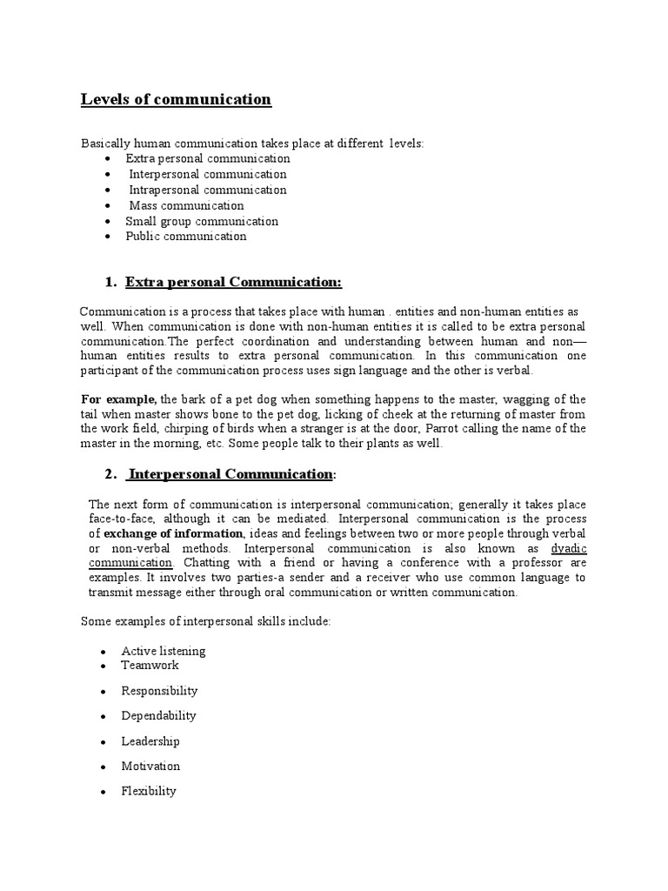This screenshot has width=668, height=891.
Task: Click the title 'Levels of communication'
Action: coord(176,99)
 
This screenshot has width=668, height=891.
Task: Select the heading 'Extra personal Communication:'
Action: coord(234,282)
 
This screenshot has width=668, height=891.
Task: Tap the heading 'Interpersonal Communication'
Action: coord(230,473)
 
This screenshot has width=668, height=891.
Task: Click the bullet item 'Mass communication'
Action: coord(187,205)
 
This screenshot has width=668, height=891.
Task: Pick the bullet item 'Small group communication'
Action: coord(202,221)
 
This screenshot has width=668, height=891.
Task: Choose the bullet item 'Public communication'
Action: coord(186,236)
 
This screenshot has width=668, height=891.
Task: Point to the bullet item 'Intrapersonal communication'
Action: coord(208,190)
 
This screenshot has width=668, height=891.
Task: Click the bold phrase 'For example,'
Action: coord(117,398)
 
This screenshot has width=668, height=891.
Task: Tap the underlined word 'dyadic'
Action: coord(569,548)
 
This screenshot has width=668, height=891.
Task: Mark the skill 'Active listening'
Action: coord(164,651)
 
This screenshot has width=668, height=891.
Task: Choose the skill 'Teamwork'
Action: coord(150,665)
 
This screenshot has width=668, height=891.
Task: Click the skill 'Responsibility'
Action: coord(160,690)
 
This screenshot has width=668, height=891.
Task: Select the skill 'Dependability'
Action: coord(159,715)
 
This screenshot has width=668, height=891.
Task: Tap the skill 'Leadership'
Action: coord(151,740)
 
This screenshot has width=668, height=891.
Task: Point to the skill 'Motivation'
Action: coord(151,766)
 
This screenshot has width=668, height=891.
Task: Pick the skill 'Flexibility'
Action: coord(150,791)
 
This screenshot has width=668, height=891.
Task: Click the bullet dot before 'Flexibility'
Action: coord(103,792)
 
